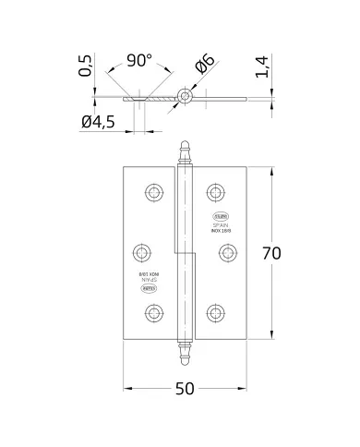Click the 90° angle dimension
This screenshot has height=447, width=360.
(x=138, y=61)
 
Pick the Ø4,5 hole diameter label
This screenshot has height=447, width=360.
(x=100, y=122)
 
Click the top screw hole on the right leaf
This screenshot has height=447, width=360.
(x=216, y=191)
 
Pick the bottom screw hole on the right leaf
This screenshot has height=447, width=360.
(x=216, y=313)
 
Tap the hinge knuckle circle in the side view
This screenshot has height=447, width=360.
(x=186, y=95)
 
